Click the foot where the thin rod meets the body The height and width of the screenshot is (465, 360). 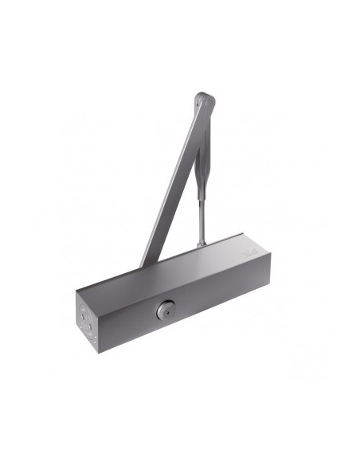(x=202, y=241)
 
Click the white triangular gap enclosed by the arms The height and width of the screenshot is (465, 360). (x=185, y=215)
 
